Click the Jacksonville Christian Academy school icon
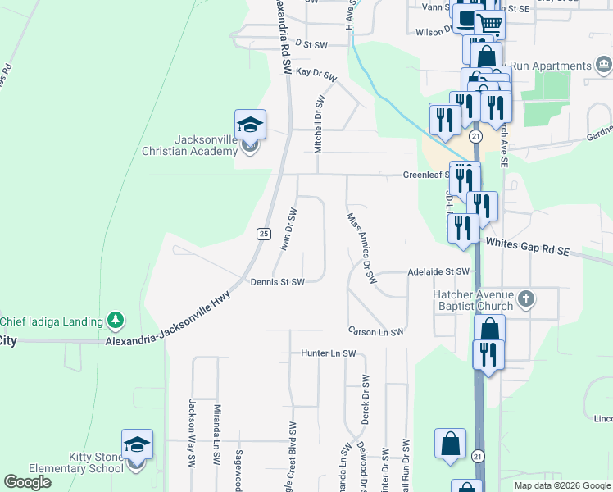(x=250, y=125)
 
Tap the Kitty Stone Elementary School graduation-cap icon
(x=137, y=445)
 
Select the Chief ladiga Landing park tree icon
(x=116, y=321)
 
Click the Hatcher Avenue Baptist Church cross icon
(x=526, y=300)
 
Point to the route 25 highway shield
(x=263, y=234)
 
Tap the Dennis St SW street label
(x=277, y=282)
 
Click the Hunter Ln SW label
(x=328, y=354)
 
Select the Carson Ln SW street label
(x=376, y=332)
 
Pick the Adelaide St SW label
(x=440, y=271)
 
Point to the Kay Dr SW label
(x=316, y=74)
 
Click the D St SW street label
(x=311, y=44)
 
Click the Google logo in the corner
(x=27, y=482)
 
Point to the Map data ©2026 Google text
(x=561, y=485)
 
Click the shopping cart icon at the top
(x=490, y=25)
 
